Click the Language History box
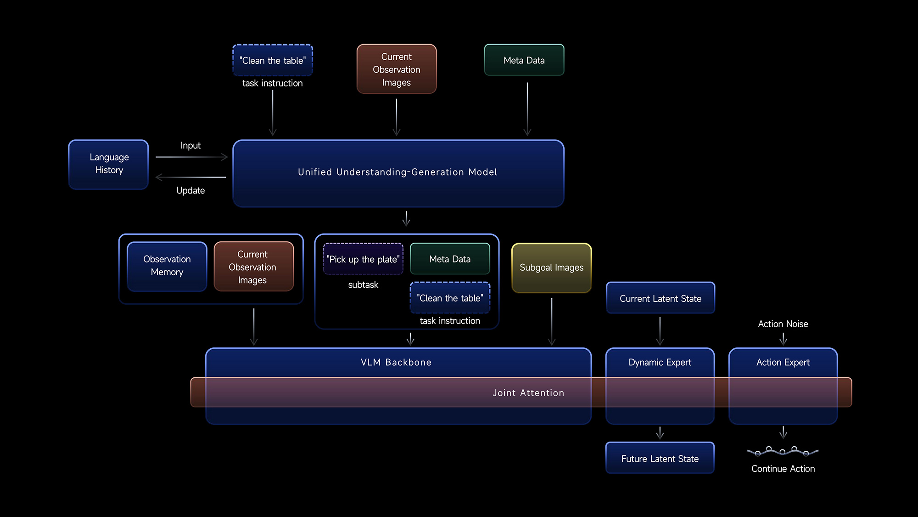tap(109, 165)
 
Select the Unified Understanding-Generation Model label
tap(397, 172)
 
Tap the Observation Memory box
tap(167, 266)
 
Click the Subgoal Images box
tap(552, 268)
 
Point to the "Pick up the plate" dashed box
tap(363, 259)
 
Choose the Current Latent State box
tap(661, 298)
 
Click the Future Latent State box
tap(660, 458)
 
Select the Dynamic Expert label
tap(660, 363)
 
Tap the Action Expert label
tap(783, 363)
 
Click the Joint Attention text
tap(528, 393)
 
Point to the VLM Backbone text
tap(396, 362)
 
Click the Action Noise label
tap(783, 324)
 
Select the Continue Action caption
tap(783, 469)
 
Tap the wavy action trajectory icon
tap(783, 452)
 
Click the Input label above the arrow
tap(190, 146)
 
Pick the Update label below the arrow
tap(190, 190)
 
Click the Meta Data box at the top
tap(524, 60)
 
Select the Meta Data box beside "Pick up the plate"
tap(450, 259)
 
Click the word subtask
tap(363, 285)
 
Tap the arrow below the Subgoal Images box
tap(552, 322)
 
